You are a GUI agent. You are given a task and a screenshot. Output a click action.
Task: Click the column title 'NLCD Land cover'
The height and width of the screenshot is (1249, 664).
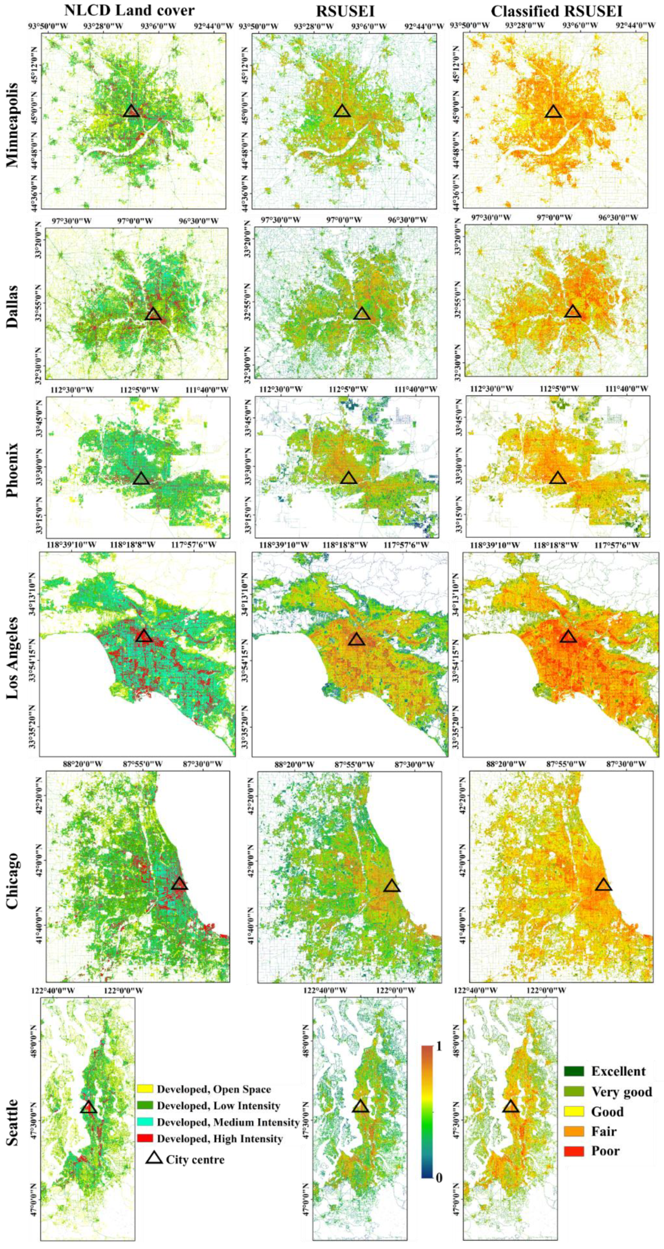click(x=129, y=11)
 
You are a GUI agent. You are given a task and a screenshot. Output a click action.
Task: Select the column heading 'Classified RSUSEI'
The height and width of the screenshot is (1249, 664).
click(x=556, y=11)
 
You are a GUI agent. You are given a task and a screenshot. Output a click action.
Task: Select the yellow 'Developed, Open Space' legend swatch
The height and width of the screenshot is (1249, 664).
click(x=145, y=1089)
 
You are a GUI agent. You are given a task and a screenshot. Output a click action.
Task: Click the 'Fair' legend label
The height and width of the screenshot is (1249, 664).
click(x=604, y=1131)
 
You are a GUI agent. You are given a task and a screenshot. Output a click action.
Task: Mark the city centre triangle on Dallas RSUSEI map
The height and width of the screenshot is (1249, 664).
click(x=362, y=314)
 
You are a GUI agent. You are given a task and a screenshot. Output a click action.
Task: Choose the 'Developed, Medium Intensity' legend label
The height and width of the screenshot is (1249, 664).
click(x=228, y=1121)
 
